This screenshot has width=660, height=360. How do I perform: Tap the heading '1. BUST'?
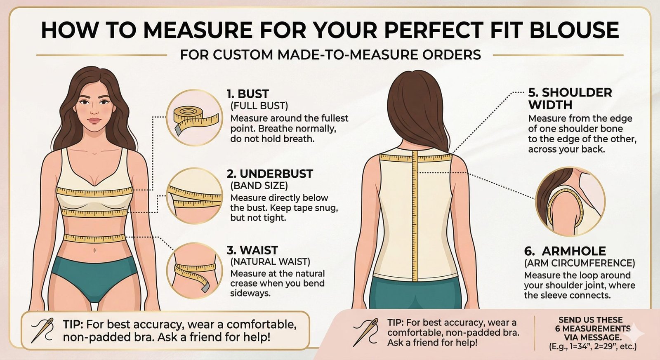247,94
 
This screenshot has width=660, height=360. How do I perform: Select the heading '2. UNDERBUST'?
270,174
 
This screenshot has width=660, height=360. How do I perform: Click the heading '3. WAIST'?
252,250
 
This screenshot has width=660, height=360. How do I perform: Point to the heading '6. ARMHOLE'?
565,251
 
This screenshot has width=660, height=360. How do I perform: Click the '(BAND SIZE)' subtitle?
259,186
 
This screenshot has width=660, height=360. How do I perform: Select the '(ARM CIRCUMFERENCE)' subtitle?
580,263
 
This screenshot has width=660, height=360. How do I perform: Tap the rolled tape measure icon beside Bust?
195,118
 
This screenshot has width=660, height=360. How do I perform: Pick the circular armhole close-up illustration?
570,202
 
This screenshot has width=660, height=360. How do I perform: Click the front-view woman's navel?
94,251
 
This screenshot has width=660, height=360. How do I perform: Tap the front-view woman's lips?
94,121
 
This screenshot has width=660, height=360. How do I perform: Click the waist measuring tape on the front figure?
94,238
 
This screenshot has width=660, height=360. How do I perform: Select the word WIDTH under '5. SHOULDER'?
550,105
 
